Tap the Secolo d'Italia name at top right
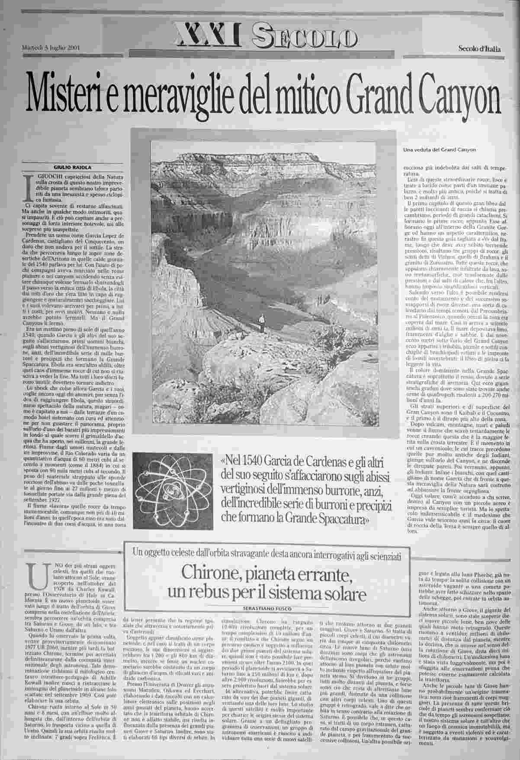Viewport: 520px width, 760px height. click(x=479, y=49)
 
